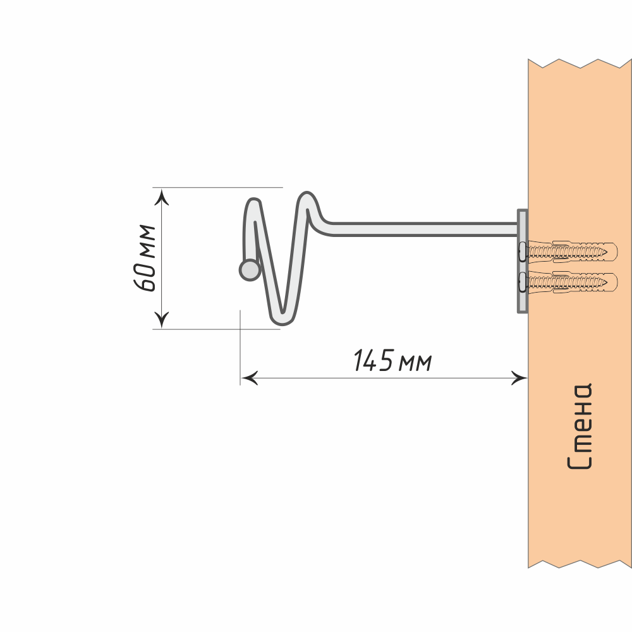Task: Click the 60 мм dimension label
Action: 146,258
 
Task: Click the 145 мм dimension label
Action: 392,362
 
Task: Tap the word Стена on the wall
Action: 580,427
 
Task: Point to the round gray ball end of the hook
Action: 249,270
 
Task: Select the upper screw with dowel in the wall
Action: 566,251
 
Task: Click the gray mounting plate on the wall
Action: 522,261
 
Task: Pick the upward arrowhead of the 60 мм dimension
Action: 162,198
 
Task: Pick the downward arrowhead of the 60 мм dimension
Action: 162,319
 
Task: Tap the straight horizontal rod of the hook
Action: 423,229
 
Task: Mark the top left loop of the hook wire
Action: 254,205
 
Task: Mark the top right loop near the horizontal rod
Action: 308,198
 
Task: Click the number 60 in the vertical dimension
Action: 146,277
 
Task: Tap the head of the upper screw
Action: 521,251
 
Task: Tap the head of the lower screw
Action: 521,282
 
